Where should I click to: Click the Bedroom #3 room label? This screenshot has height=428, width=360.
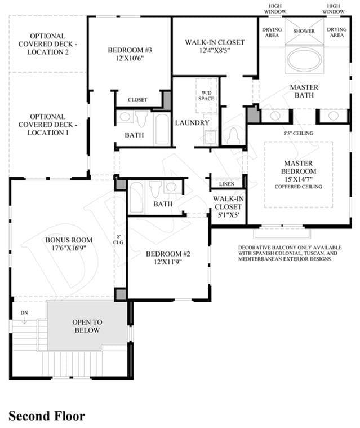coord(130,54)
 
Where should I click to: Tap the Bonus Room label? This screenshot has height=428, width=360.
coord(69,244)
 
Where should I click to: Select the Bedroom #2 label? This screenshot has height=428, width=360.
coord(168,258)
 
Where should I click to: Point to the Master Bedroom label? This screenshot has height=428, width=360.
coord(299,175)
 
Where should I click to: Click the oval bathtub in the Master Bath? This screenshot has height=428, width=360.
coord(304,60)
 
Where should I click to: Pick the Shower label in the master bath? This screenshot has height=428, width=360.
coord(304,31)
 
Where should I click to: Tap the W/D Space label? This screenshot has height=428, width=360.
coord(206,95)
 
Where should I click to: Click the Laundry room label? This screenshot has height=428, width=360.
coord(192,123)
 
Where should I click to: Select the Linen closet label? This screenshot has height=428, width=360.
coord(226,184)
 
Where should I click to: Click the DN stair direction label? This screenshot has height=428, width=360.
coord(24,313)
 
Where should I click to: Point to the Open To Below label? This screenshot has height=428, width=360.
coord(87,326)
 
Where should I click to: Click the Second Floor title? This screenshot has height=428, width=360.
coord(47,416)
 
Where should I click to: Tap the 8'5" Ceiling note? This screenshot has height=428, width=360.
coord(299,133)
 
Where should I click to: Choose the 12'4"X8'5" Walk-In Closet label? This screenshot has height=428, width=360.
coord(215,46)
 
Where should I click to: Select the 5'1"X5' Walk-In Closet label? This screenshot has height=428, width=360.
coord(228,206)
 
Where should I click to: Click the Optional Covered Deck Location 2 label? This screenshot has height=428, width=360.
coord(48,44)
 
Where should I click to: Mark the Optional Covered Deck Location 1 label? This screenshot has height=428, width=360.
coord(48,125)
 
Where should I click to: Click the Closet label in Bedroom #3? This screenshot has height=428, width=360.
coord(137,100)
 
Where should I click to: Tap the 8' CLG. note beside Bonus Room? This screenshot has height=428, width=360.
coord(119,240)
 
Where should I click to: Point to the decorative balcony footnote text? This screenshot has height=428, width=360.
coord(290,253)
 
